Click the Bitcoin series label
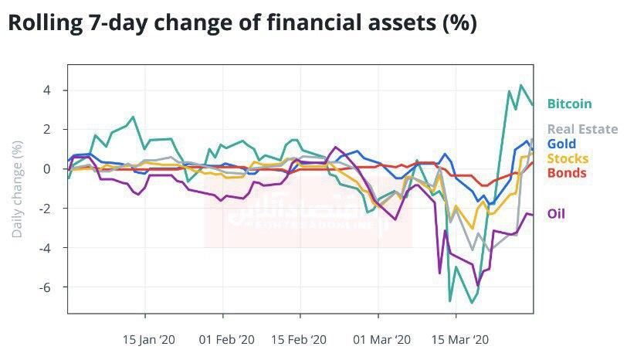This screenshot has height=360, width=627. pos(569,104)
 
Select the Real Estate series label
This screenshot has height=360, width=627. pos(582,129)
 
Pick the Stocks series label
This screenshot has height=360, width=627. pos(568,158)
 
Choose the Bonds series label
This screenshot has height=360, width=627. pos(566,172)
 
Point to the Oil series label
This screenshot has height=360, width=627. pos(556,214)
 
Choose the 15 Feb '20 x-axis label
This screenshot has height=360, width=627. pos(300,338)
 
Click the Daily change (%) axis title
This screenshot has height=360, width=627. pos(18,188)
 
